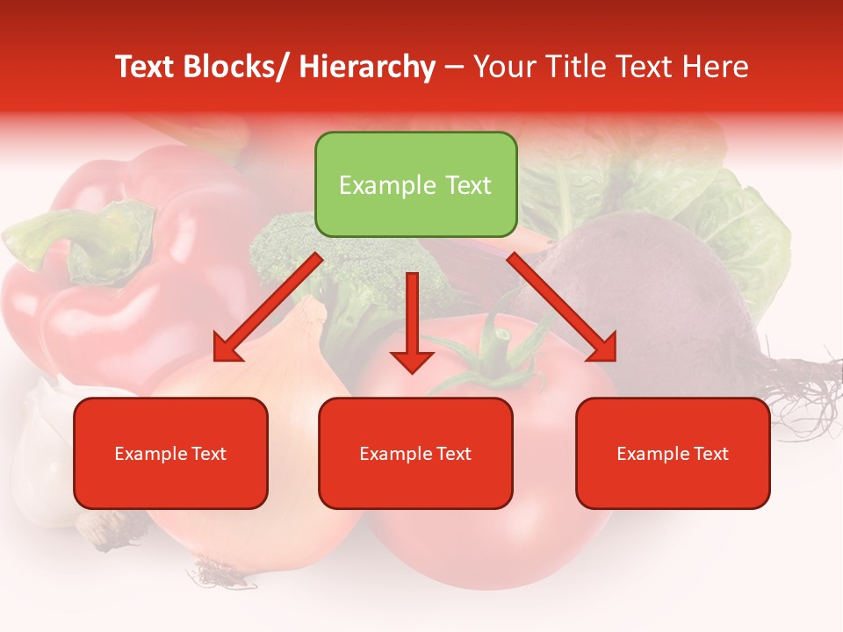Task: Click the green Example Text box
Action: (415, 184)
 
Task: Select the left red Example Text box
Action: (170, 453)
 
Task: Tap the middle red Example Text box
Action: (415, 453)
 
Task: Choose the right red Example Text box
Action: (673, 453)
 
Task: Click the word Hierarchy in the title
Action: (367, 67)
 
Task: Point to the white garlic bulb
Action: (40, 456)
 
